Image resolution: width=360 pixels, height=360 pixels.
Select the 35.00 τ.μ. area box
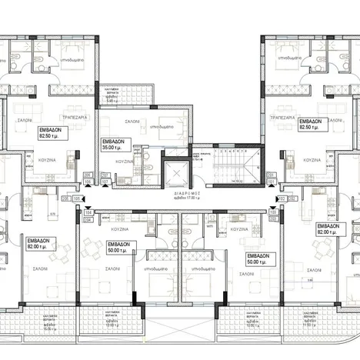[x=116, y=147]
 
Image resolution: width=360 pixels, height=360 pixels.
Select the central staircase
[x=231, y=165]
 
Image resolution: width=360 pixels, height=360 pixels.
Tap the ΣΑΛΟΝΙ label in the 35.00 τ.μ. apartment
[x=131, y=122]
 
